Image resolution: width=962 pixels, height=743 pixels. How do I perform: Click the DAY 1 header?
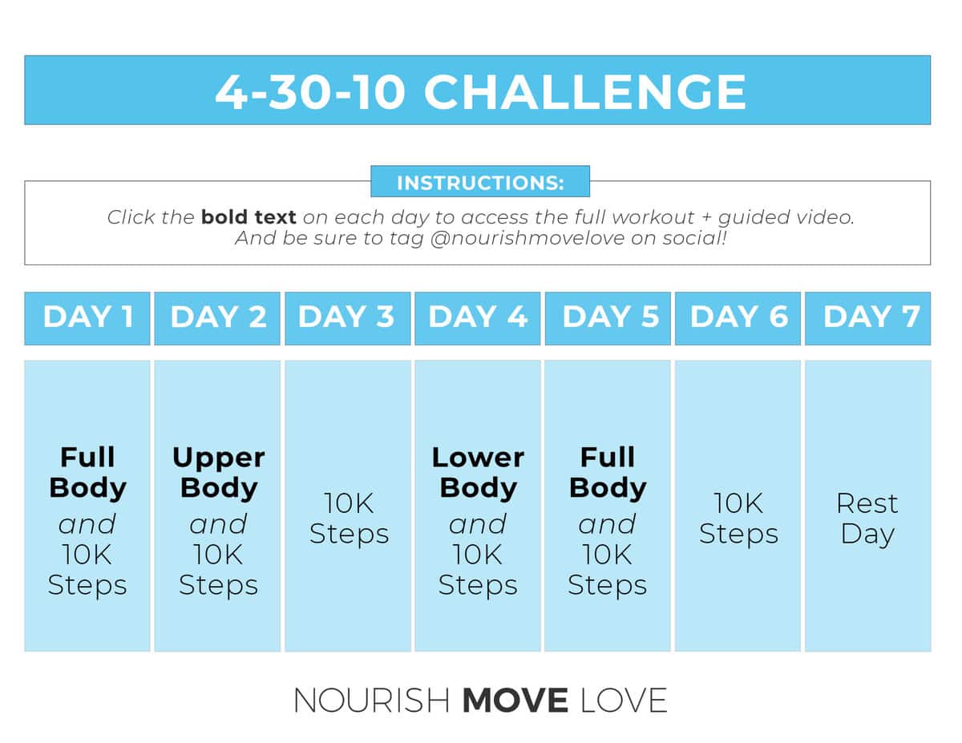[87, 317]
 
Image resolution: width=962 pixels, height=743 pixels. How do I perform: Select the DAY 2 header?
[217, 317]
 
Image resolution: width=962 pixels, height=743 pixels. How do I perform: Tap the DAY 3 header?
[347, 317]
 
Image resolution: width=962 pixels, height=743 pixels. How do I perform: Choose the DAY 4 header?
[478, 317]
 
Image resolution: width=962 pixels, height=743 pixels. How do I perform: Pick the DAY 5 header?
[608, 317]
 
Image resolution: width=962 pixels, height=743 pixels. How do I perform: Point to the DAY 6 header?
[738, 317]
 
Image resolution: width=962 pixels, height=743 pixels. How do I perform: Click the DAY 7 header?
[868, 317]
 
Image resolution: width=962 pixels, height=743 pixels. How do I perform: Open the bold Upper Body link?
[218, 473]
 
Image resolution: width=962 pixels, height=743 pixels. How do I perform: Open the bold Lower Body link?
[478, 473]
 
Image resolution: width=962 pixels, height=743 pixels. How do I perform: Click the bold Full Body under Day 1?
[87, 473]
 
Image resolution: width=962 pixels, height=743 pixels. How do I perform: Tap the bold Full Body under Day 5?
[608, 473]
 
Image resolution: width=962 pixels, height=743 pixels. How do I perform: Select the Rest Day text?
[867, 519]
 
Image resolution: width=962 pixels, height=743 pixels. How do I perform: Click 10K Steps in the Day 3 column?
[349, 519]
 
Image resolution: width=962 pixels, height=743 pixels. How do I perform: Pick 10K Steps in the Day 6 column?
[738, 519]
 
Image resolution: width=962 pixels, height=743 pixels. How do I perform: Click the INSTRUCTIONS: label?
[480, 182]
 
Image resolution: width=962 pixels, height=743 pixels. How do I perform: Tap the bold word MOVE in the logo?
[515, 701]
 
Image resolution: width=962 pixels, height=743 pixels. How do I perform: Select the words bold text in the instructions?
[249, 217]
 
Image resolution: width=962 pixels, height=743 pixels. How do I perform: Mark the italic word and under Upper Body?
[217, 524]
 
